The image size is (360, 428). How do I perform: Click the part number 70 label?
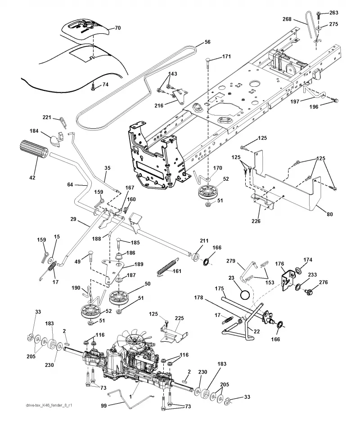(117, 28)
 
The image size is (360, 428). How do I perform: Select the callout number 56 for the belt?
(207, 42)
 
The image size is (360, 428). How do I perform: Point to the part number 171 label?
(226, 57)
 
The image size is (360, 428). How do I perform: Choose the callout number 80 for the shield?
(330, 214)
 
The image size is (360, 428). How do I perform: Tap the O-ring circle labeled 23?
(245, 295)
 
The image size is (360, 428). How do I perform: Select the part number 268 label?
(287, 19)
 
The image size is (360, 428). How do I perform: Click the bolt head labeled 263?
(319, 13)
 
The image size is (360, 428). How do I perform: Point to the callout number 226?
(256, 221)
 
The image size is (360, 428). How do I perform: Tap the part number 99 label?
(104, 406)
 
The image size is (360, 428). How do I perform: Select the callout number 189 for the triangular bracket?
(139, 264)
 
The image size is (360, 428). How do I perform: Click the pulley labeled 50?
(119, 298)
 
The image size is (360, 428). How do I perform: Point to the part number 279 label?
(231, 261)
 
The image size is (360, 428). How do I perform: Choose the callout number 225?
(179, 318)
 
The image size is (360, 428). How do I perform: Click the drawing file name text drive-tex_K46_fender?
(45, 405)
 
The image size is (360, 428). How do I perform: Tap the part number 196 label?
(314, 107)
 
